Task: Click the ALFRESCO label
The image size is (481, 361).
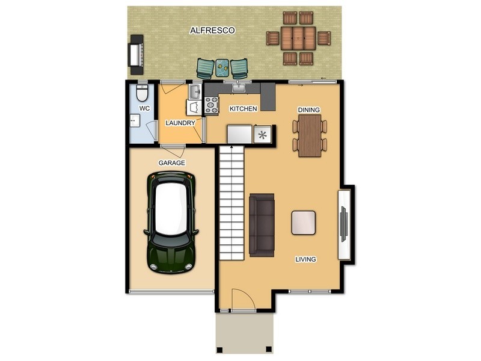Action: (212, 29)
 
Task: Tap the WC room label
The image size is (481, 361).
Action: (144, 108)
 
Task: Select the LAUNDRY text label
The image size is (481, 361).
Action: (180, 123)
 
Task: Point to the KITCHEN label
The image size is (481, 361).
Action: (244, 109)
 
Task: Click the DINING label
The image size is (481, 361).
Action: (309, 110)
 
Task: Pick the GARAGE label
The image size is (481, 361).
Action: (171, 163)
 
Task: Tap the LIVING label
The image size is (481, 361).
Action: (305, 259)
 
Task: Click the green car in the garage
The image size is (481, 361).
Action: (171, 221)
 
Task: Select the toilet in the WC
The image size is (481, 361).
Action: (142, 93)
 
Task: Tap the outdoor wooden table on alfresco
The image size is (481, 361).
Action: (299, 38)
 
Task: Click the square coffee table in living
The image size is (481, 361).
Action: (304, 223)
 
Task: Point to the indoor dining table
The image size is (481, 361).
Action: (310, 135)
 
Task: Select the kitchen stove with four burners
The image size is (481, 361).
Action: (212, 106)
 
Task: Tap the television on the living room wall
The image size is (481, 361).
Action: (343, 224)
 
